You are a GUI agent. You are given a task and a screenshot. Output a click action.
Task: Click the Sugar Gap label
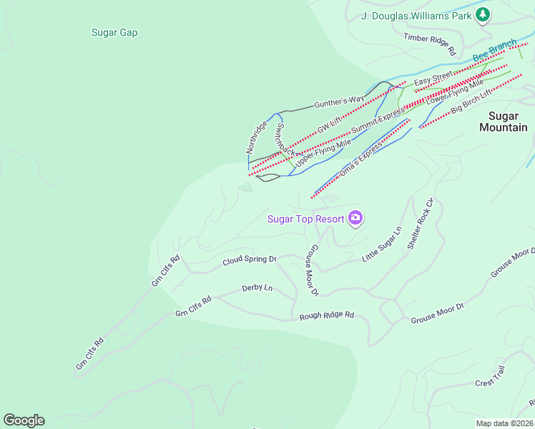(x=114, y=32)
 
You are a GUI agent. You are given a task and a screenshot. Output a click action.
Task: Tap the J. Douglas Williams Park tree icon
(x=484, y=15)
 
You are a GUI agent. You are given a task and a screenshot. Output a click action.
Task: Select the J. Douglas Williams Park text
(x=416, y=15)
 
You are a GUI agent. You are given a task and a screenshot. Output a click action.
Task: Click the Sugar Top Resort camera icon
(x=355, y=218)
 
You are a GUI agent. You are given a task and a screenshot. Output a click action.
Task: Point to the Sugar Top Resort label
(x=306, y=219)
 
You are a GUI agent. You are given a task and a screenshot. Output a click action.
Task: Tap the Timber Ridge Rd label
(x=430, y=44)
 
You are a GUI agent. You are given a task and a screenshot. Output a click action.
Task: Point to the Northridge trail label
(x=257, y=137)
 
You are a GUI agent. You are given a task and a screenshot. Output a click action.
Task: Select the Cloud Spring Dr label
(x=249, y=261)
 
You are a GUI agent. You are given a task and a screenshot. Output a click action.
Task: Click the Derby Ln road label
(x=257, y=288)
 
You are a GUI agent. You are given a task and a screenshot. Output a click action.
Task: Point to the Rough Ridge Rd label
(x=327, y=315)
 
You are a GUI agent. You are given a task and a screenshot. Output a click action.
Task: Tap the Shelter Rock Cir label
(x=421, y=223)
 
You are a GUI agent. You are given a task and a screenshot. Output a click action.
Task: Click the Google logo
(x=24, y=420)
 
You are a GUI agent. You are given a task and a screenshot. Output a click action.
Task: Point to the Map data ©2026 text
(x=504, y=423)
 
